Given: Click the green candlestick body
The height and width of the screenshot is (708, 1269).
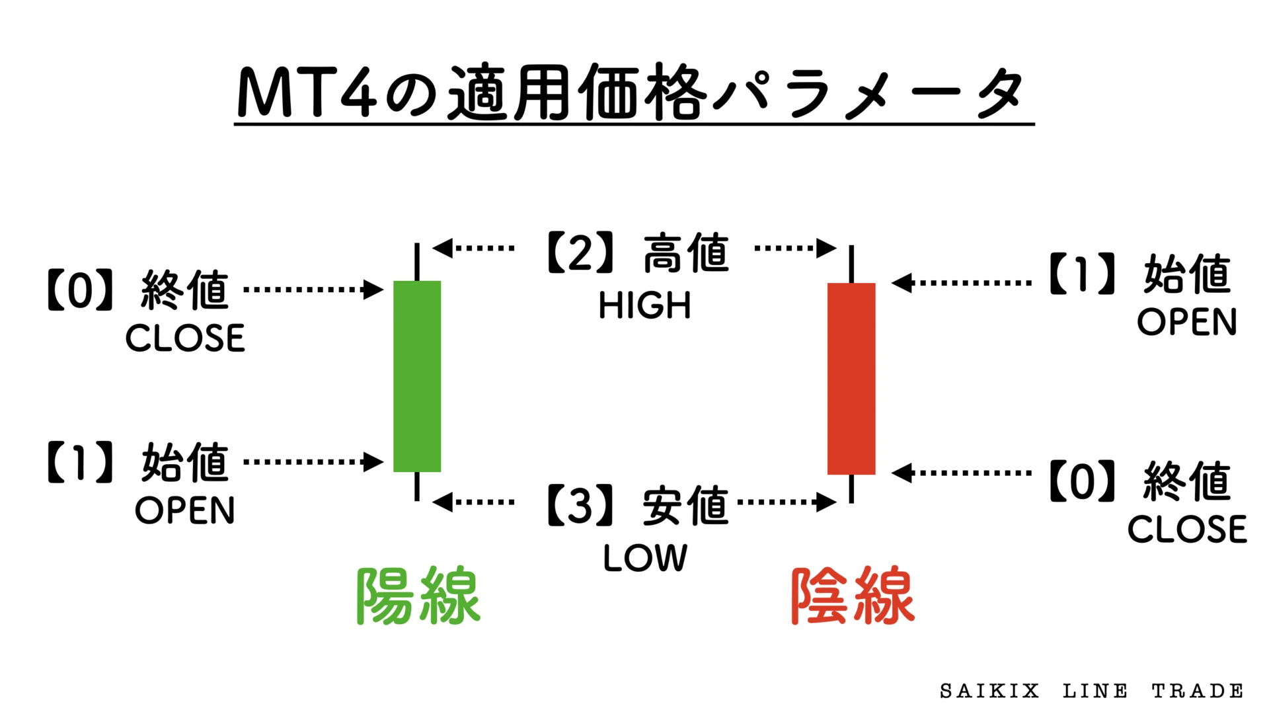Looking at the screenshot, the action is (x=416, y=375).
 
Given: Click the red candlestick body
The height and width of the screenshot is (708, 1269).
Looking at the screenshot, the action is (x=851, y=378).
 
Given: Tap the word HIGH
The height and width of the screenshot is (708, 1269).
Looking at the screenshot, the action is (x=644, y=306).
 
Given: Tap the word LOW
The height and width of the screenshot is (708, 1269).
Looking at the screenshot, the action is (x=645, y=558).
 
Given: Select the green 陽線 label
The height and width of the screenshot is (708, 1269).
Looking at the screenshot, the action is (x=418, y=596).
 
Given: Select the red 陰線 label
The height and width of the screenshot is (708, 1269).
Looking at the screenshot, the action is (x=853, y=596).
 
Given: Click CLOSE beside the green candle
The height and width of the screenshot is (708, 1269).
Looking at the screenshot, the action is (x=185, y=338).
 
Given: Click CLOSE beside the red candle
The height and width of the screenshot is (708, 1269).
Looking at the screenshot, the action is (x=1187, y=530).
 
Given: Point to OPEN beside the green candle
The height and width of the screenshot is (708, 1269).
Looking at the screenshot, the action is (x=185, y=510).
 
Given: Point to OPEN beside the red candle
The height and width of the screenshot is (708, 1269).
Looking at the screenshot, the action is (x=1187, y=322).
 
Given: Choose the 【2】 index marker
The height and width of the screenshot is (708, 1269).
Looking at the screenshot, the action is (x=581, y=253).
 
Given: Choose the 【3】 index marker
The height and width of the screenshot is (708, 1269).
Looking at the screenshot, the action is (x=581, y=506).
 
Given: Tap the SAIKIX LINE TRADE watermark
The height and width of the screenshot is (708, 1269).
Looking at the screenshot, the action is (x=1091, y=691).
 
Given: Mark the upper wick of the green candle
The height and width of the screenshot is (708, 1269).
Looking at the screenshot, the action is (x=417, y=261).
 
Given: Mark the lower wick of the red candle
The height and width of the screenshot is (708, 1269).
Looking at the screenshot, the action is (x=851, y=489).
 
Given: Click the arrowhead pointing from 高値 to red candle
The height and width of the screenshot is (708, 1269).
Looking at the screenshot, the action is (x=827, y=249).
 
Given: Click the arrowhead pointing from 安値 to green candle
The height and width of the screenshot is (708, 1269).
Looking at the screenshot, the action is (x=443, y=502).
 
